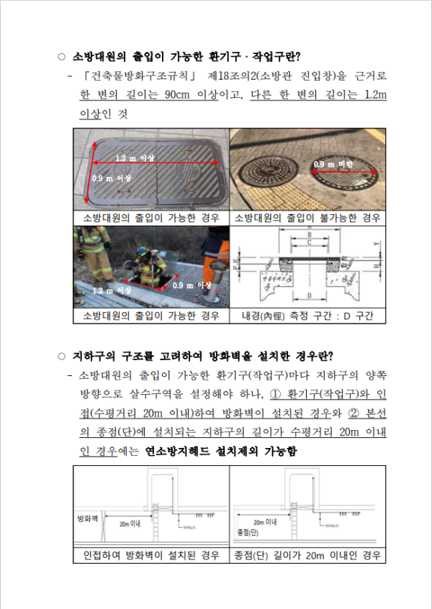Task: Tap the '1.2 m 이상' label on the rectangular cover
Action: click(x=135, y=157)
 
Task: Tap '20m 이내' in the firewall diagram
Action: click(x=130, y=523)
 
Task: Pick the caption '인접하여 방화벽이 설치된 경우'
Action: click(x=150, y=556)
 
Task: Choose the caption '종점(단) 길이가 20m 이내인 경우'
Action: click(x=307, y=556)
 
